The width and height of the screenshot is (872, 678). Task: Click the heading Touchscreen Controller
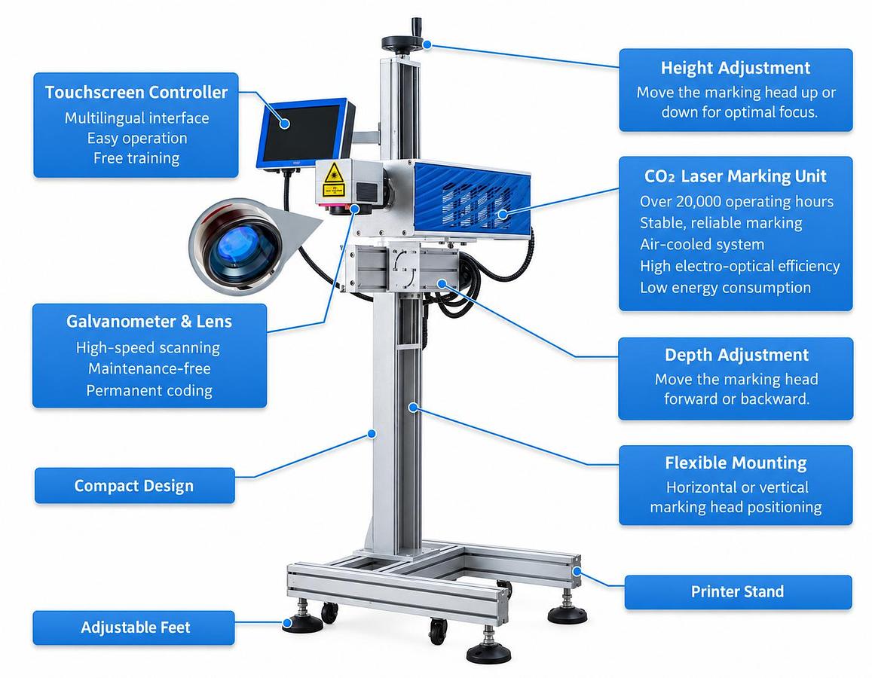[x=136, y=92]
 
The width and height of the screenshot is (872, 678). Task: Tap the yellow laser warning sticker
[x=334, y=180]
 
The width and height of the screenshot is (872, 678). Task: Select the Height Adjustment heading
[x=735, y=68]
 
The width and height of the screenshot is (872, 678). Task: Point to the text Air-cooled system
[x=702, y=245]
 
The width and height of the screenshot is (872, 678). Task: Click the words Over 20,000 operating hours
[x=736, y=201]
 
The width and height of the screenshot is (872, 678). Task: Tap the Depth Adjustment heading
[x=736, y=355]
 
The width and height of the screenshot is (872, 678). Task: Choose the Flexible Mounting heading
[x=736, y=463]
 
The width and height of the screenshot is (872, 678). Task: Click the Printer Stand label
[x=737, y=591]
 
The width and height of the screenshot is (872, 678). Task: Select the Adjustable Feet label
[x=135, y=628]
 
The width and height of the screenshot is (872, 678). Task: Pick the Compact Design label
[x=134, y=486]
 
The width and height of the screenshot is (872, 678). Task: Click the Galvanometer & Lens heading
[x=149, y=321]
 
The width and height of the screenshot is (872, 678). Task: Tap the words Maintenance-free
[x=149, y=368]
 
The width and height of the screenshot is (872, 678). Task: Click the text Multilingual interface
[x=137, y=118]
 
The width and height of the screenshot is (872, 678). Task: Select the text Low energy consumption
[x=725, y=288]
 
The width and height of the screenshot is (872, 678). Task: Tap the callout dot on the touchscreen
[x=284, y=124]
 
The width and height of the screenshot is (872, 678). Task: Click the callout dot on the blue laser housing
[x=503, y=215]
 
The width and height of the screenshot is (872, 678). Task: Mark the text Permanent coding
[x=149, y=391]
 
